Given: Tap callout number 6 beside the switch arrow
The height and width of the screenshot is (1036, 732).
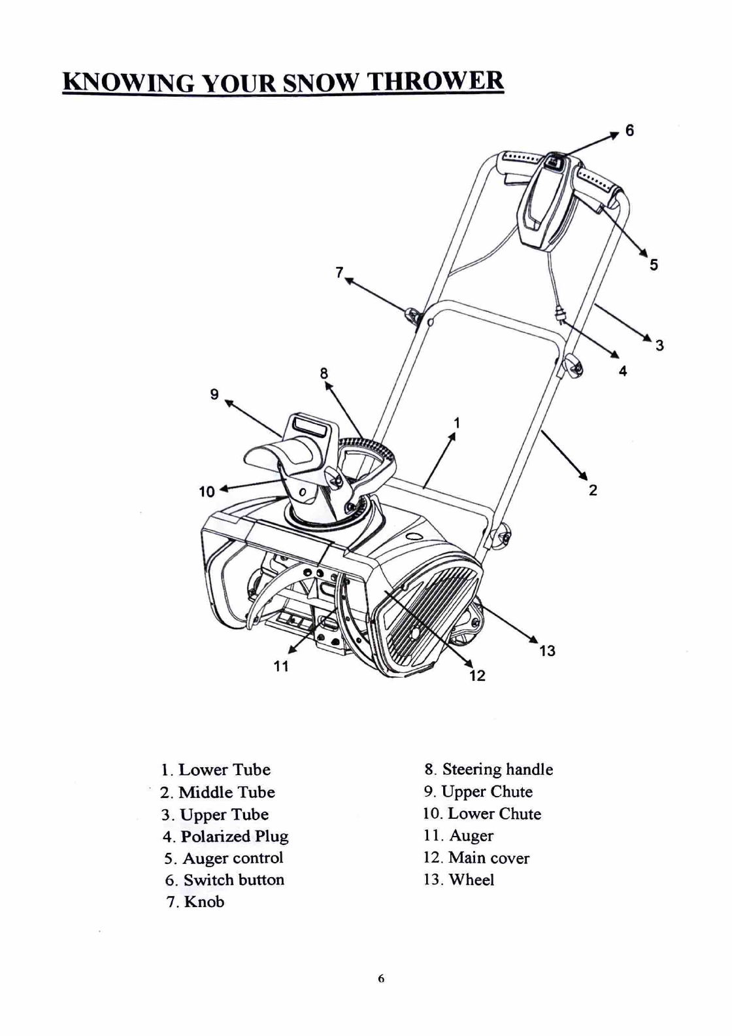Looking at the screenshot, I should click(629, 130).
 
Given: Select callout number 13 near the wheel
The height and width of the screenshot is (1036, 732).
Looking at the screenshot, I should click(547, 650).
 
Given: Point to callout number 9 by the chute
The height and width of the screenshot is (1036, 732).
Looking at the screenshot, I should click(214, 394).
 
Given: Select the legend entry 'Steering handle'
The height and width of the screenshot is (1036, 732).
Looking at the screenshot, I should click(488, 769).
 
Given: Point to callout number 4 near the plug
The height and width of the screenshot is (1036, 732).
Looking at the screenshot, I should click(623, 371).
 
